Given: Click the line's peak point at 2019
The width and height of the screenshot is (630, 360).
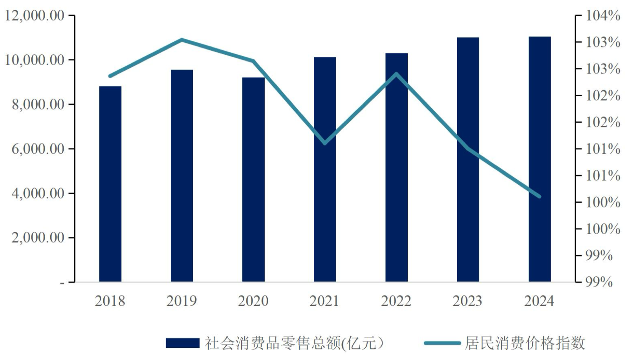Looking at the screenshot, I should (182, 40).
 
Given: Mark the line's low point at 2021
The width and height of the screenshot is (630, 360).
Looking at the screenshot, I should (325, 143).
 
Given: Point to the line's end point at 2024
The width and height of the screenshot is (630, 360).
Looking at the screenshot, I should (539, 196).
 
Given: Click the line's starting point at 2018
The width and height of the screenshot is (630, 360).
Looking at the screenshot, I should (110, 76).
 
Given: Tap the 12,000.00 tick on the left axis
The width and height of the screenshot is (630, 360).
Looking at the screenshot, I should (34, 16).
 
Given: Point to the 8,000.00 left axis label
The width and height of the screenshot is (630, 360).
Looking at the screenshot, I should (38, 105).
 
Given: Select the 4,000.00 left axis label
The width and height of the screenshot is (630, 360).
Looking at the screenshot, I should (38, 193).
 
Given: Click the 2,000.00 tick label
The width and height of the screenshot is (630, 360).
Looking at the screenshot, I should (38, 238).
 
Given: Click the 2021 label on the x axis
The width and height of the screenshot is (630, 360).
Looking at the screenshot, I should (324, 301).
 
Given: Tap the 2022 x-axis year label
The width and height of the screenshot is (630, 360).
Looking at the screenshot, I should (396, 301).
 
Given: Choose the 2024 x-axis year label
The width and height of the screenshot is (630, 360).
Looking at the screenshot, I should (539, 301).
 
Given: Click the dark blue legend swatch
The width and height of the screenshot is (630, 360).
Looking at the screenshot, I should (183, 343).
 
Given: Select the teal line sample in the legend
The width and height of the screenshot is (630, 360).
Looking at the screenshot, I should (442, 343).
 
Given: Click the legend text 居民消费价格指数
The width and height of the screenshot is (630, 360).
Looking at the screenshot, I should (525, 343).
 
